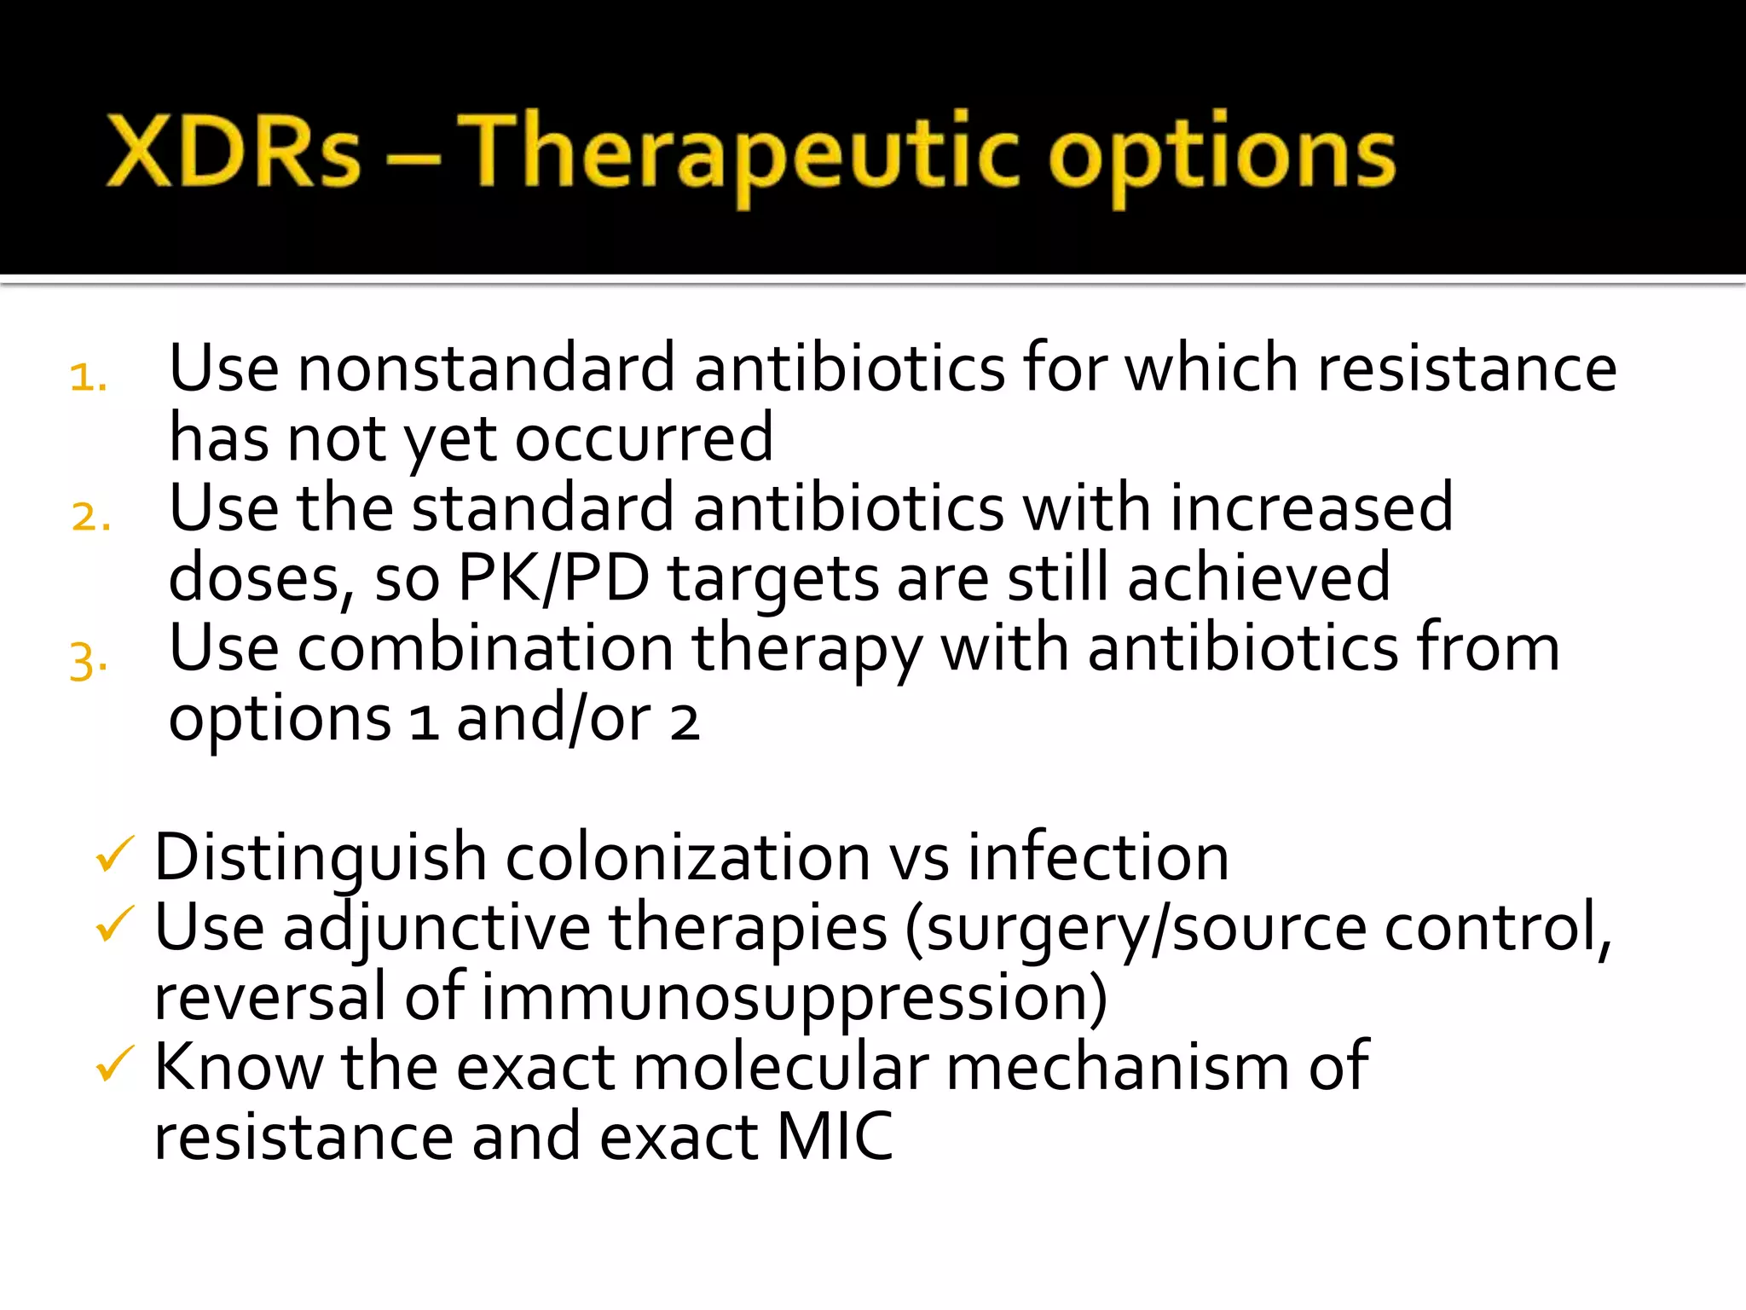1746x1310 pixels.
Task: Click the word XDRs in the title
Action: (234, 152)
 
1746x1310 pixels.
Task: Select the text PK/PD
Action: (553, 578)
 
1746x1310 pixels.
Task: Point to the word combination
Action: (486, 648)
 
